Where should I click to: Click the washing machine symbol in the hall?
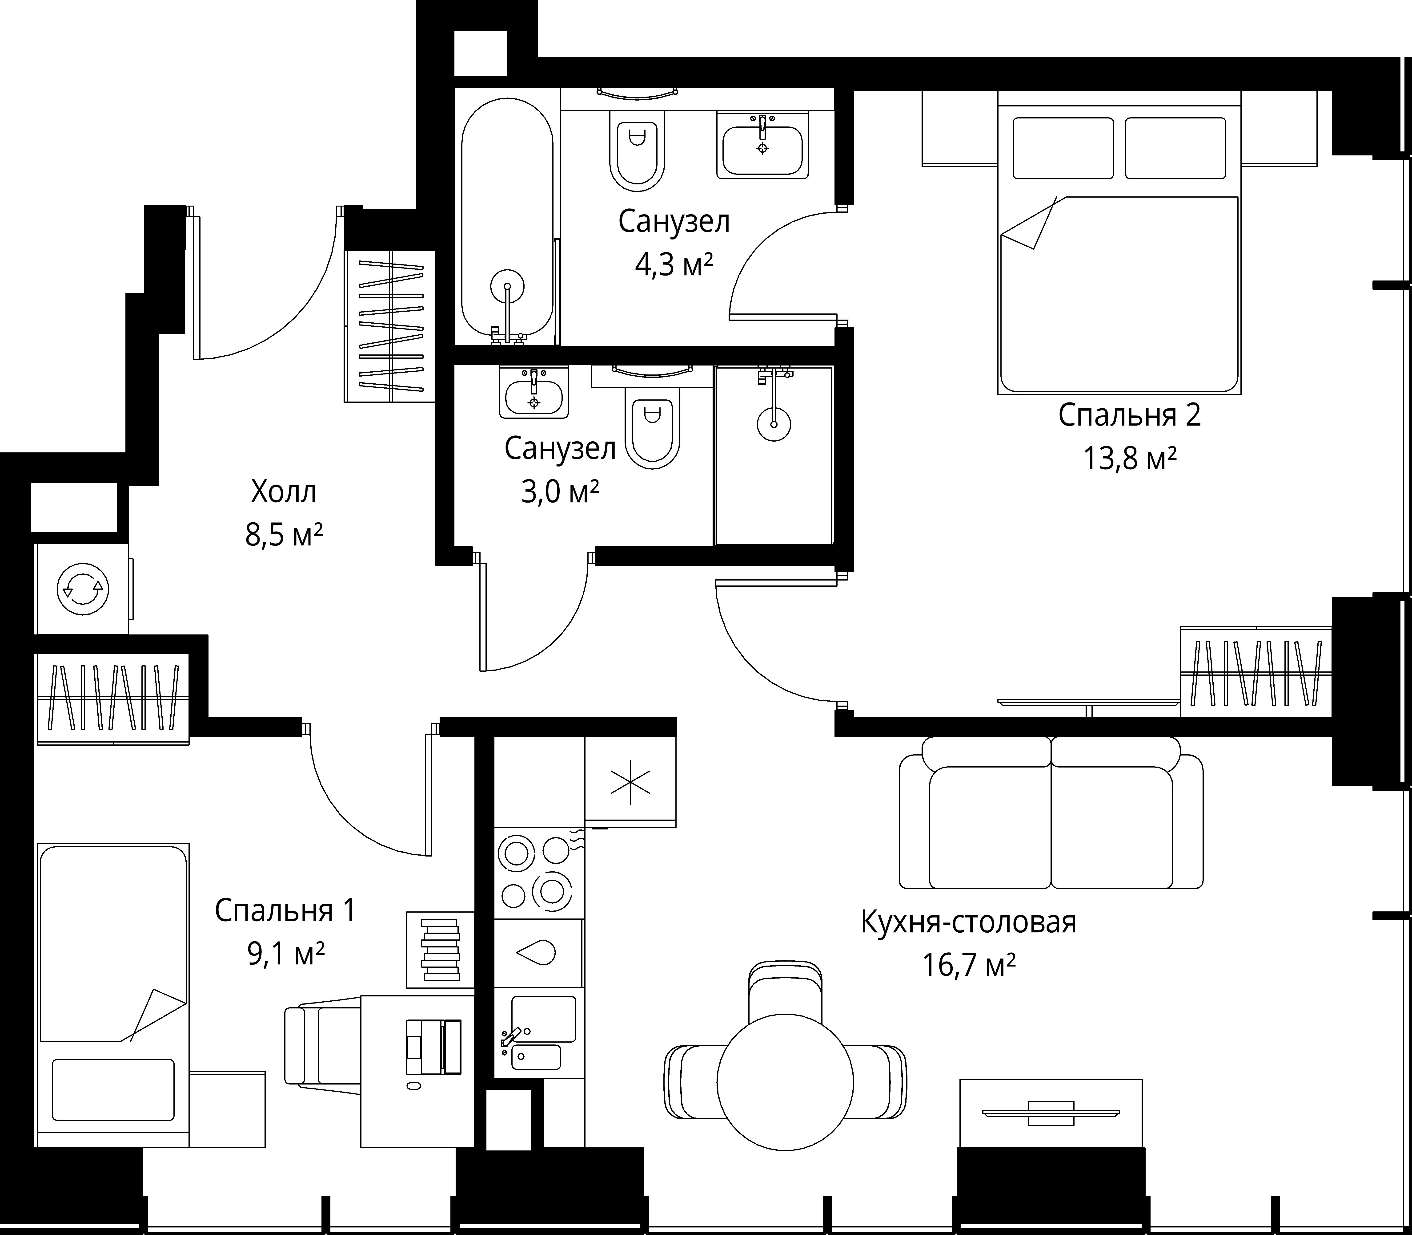83,589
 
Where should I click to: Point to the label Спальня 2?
1130,416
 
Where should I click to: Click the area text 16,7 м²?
969,965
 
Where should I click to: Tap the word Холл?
284,492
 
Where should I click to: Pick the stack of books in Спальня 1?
440,949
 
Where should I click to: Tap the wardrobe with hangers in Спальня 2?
1256,672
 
